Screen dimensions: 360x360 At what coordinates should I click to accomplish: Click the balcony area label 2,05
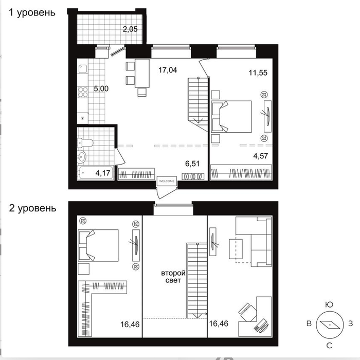(130, 29)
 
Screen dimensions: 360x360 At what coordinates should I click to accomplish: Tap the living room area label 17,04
(168, 70)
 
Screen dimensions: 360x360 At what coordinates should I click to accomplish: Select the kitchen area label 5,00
(101, 88)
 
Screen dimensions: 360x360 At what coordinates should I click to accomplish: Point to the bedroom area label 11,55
(258, 73)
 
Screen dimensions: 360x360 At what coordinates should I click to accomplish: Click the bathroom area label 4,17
(103, 173)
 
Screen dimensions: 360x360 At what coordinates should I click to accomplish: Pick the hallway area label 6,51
(192, 164)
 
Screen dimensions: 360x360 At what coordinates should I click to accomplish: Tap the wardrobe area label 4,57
(261, 156)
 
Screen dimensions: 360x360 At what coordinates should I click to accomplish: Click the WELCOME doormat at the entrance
(167, 181)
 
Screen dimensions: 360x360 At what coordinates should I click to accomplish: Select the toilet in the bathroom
(85, 143)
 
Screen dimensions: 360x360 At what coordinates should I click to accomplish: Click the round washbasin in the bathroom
(81, 157)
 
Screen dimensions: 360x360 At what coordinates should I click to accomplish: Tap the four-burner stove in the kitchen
(83, 92)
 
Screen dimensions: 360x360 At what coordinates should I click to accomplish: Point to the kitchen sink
(83, 68)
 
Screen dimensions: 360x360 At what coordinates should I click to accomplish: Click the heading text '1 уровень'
(32, 13)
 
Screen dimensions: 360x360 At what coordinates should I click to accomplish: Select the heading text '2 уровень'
(32, 208)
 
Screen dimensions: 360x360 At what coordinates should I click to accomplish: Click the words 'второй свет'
(173, 277)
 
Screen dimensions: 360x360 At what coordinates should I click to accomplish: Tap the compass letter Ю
(329, 304)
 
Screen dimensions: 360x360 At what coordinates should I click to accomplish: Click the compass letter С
(329, 345)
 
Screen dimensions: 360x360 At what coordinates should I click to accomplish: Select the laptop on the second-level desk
(261, 326)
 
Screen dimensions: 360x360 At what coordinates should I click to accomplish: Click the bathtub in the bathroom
(96, 173)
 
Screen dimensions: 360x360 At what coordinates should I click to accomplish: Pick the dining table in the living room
(142, 74)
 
